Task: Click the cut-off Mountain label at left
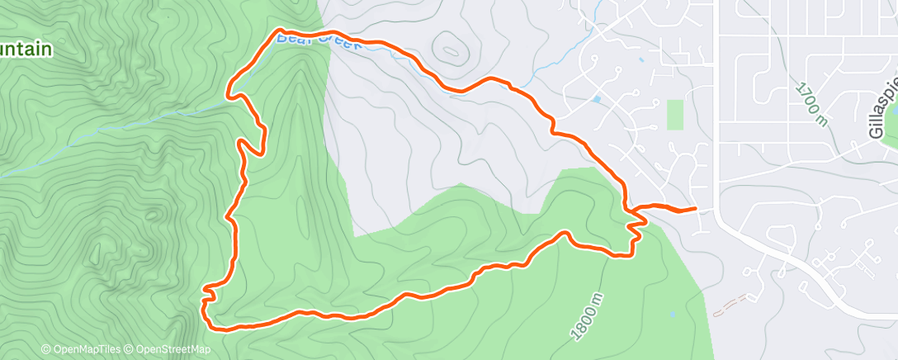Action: point(26,50)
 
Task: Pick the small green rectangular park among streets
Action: point(675,115)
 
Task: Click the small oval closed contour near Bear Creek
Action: point(451,50)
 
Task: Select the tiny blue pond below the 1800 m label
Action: point(673,314)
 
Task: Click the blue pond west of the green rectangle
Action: point(596,99)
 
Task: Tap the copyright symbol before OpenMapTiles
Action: point(45,349)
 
